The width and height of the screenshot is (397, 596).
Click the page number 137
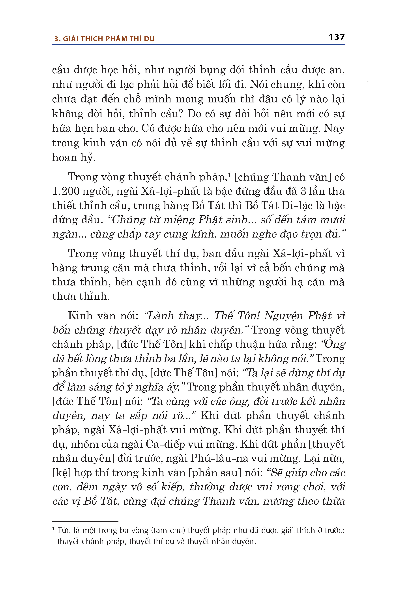337,37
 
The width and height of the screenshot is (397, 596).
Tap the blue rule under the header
198,45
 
